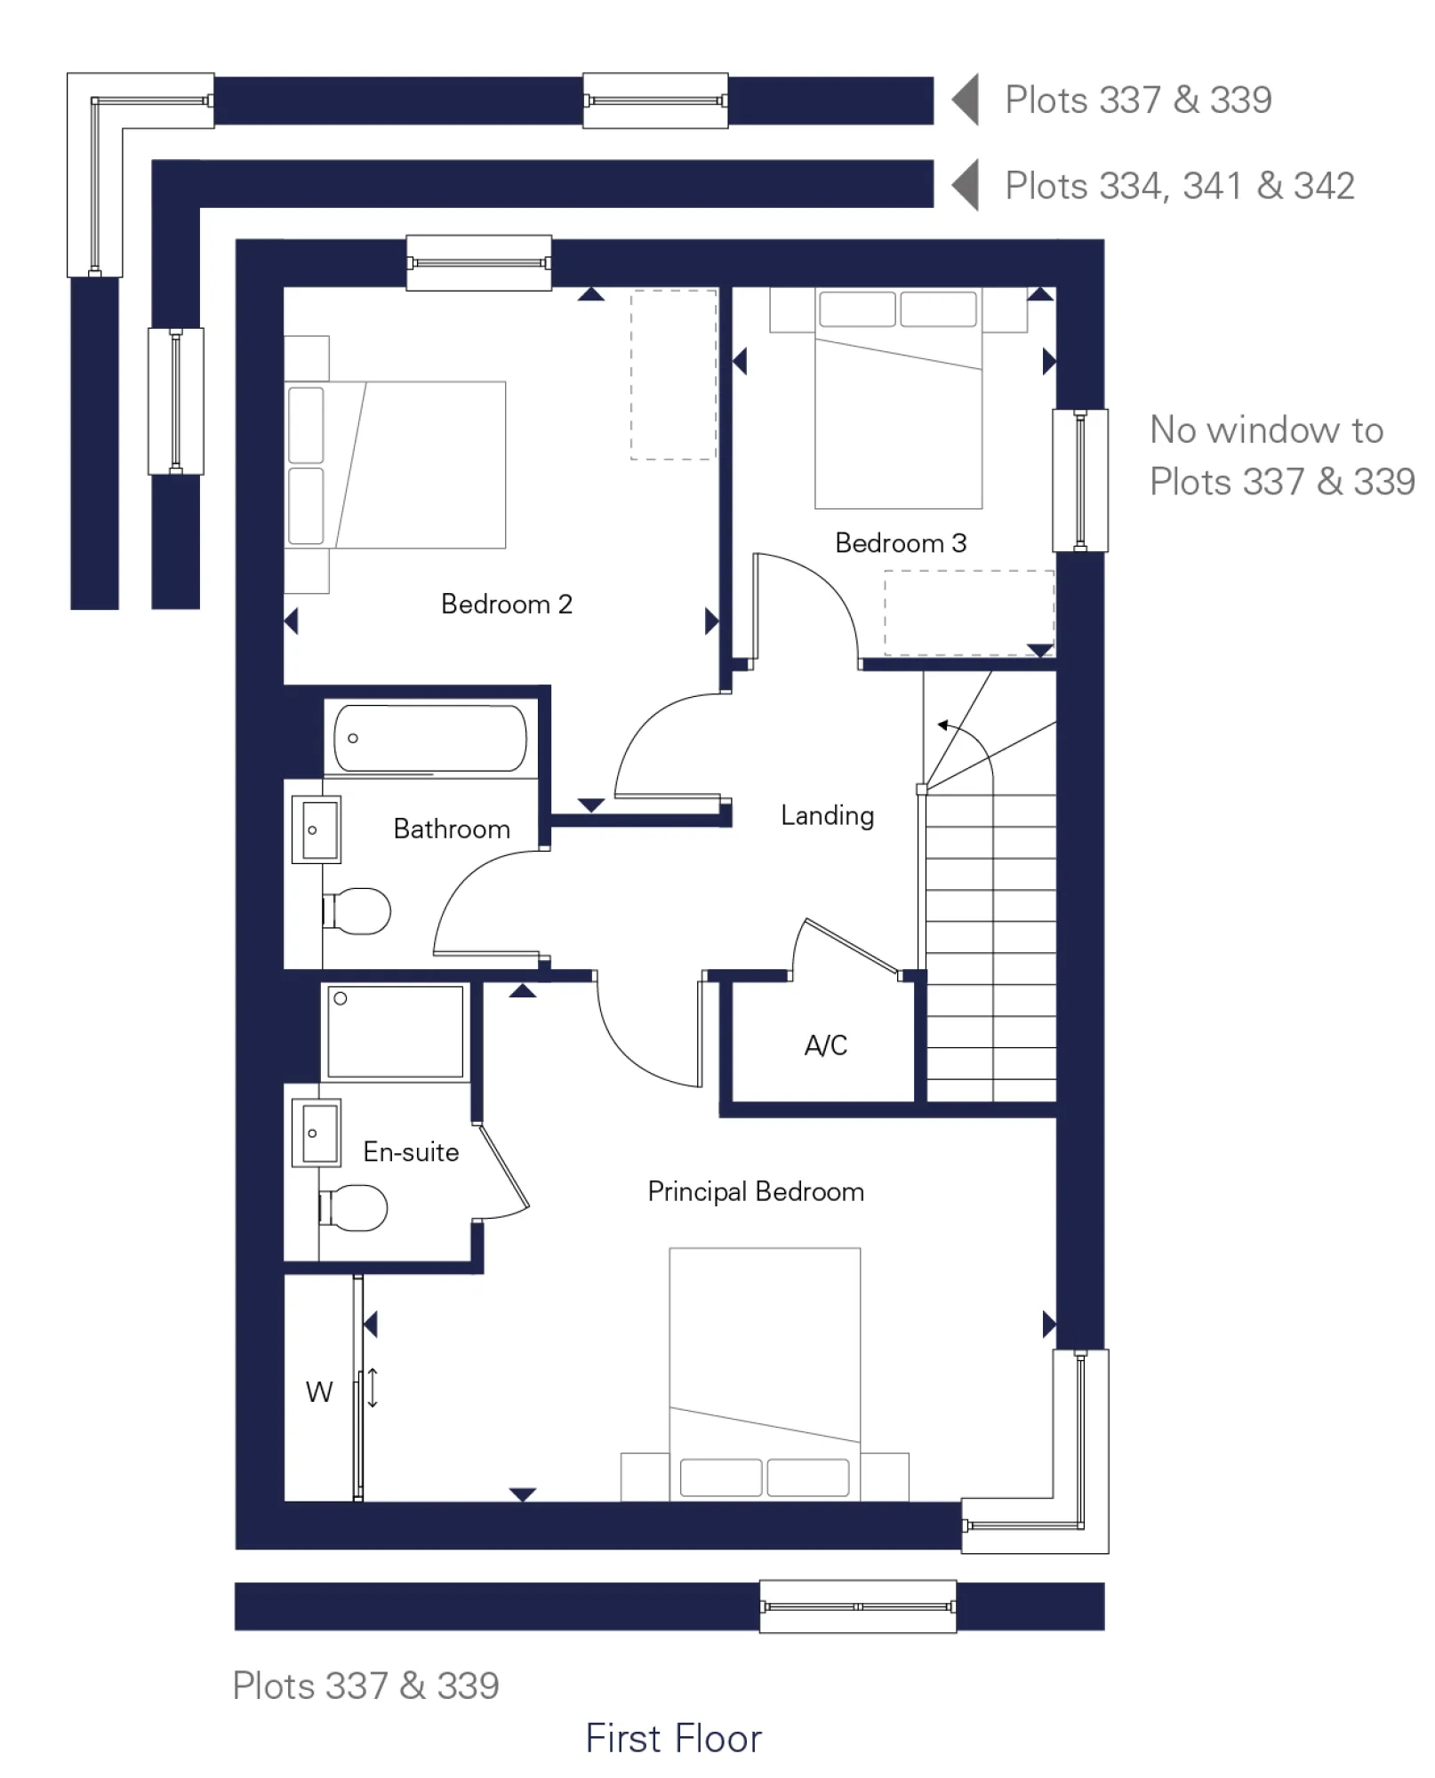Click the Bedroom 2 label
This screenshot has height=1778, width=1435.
point(506,605)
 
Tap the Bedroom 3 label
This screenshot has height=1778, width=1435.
point(900,543)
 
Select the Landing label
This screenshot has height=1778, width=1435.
point(827,815)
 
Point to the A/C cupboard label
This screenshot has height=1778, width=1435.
point(825,1045)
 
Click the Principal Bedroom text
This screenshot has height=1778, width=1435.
point(755,1191)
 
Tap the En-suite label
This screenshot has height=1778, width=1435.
point(411,1152)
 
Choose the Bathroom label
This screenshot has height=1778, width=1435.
point(451,829)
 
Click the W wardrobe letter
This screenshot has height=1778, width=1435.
point(318,1392)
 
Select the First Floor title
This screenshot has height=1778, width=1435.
point(673,1739)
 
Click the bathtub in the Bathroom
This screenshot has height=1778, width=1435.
point(430,738)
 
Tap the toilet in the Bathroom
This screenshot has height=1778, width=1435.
point(358,911)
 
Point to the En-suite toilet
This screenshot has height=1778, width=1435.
point(355,1207)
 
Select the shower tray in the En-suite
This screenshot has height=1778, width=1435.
point(396,1031)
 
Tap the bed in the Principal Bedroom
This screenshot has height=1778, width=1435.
point(765,1369)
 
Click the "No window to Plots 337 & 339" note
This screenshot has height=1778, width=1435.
point(1280,456)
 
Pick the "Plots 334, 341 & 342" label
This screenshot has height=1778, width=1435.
point(1179,187)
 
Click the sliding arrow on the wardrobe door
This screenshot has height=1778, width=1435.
point(373,1388)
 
